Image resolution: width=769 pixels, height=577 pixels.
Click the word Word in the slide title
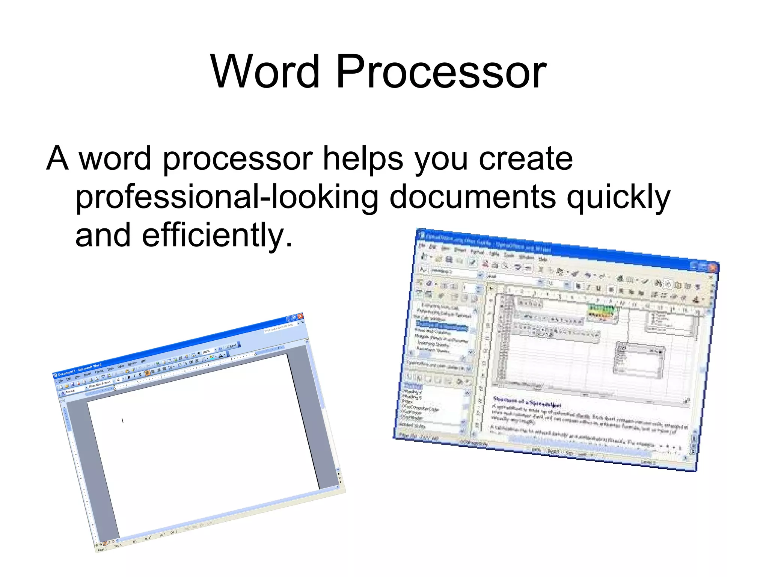coord(265,72)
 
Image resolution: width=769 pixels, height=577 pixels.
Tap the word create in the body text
coord(526,159)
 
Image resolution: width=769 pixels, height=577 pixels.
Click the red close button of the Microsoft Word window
coord(300,316)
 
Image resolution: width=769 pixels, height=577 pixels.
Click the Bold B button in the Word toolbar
coord(129,377)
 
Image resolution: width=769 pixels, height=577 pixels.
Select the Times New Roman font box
coord(100,384)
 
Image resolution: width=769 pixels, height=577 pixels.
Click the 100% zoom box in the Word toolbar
coord(207,352)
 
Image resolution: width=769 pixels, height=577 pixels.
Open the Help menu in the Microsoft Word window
coord(143,361)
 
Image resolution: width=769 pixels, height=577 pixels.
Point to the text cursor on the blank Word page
coord(122,420)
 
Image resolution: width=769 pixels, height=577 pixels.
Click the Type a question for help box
coord(279,328)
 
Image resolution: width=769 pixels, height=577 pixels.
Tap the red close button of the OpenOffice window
coord(712,267)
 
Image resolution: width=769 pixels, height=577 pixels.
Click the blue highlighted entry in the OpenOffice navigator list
coord(442,325)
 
